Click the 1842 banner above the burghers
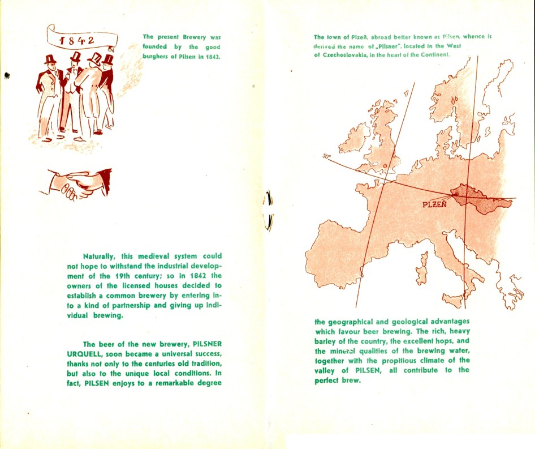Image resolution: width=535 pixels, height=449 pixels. pos(82,39)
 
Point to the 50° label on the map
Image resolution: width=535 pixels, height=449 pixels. pos(326,156)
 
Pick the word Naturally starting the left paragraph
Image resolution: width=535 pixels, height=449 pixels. pos(100,256)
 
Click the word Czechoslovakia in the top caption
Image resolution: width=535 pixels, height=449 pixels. pos(347,55)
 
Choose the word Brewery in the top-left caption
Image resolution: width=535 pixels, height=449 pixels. pos(187,37)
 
